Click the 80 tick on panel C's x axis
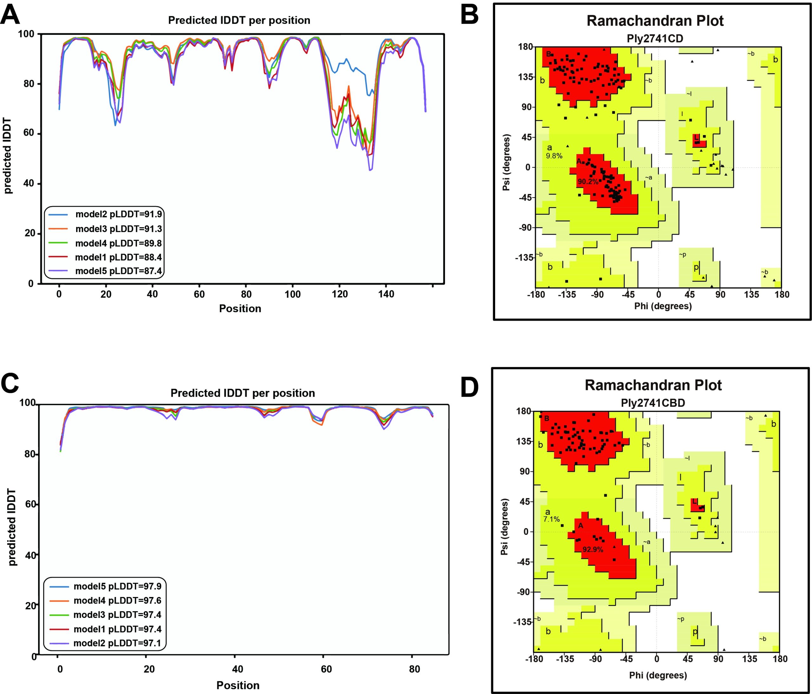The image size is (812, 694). [x=414, y=669]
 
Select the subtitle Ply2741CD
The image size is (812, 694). [x=655, y=38]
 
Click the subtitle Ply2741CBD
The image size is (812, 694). [x=653, y=403]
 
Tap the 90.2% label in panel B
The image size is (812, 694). [x=588, y=182]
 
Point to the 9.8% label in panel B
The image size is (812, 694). [x=554, y=156]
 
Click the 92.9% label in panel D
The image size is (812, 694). [x=593, y=549]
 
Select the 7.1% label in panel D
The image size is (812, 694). [x=551, y=519]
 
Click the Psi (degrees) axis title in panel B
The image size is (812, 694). [x=506, y=163]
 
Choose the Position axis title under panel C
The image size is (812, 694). [x=238, y=685]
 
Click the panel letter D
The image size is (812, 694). [x=469, y=387]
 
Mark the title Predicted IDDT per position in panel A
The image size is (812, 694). [x=239, y=20]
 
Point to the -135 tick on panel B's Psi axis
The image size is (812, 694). [x=524, y=257]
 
